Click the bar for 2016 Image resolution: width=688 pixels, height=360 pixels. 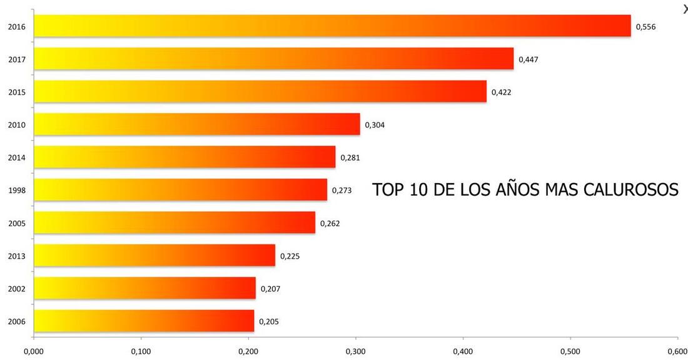coord(331,26)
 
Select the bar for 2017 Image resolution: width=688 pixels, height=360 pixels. coord(273,59)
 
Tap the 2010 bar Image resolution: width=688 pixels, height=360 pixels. coord(196,124)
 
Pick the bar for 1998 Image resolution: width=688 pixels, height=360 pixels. coord(180,190)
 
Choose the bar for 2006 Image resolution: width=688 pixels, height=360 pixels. coord(144,321)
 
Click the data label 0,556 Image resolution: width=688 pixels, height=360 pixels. coord(645,27)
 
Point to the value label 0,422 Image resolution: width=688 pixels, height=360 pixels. coord(501,92)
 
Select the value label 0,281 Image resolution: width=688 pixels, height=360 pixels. coord(350,157)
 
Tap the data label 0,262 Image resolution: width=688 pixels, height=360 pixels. coord(330,223)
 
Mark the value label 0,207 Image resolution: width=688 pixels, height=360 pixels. coord(270,289)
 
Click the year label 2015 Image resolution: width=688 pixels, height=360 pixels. coord(16,92)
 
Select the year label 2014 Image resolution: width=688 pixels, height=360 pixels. coord(16,157)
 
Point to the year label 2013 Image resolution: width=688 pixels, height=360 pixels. coord(16,256)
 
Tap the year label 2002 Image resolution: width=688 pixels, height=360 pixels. coord(16,289)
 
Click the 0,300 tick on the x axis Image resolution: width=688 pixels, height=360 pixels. coord(355,352)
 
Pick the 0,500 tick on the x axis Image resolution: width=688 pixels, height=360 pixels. coord(570,352)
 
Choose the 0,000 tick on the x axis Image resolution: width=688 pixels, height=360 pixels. coord(33,352)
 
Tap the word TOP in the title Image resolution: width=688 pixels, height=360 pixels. coord(388,189)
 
